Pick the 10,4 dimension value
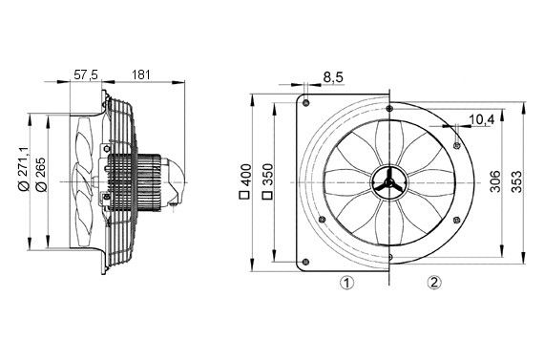pyautogui.click(x=483, y=119)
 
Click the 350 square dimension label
pyautogui.click(x=270, y=180)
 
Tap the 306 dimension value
pyautogui.click(x=495, y=180)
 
